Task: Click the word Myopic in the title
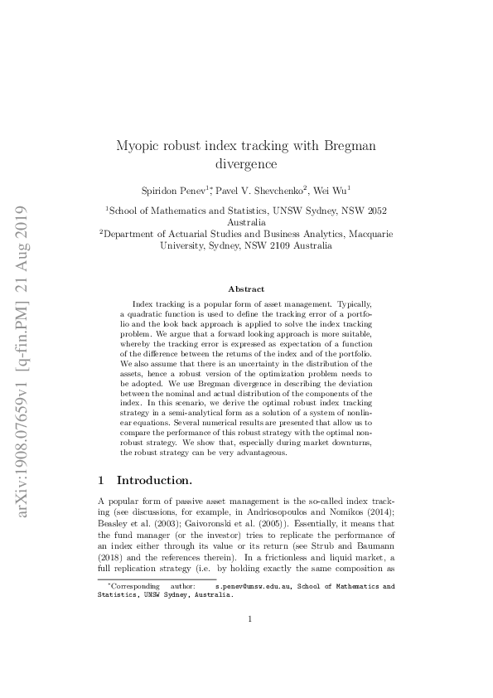coord(139,146)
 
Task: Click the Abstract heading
coord(246,289)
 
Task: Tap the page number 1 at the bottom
coord(247,641)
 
